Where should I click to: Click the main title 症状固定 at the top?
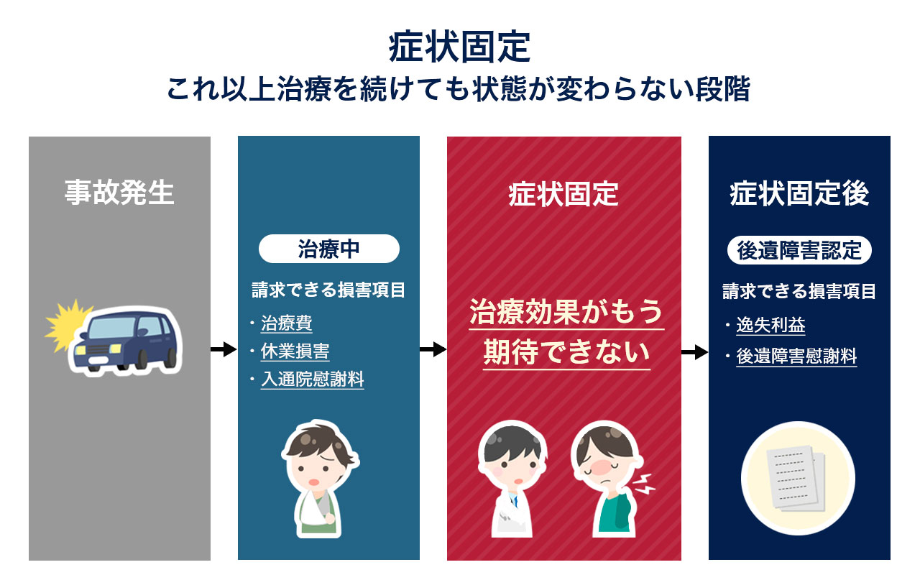tap(459, 48)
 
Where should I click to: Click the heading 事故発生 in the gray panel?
tap(119, 193)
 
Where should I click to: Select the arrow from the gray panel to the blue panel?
tap(224, 350)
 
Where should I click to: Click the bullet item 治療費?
tap(286, 323)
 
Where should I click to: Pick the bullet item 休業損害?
tap(295, 351)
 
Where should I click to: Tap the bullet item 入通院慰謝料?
tap(312, 379)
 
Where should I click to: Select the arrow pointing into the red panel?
tap(433, 350)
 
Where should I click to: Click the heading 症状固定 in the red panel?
tap(563, 195)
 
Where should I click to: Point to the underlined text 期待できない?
tap(566, 353)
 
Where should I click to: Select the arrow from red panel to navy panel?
tap(694, 352)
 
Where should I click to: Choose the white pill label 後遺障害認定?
tap(799, 251)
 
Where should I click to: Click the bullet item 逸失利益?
tap(770, 326)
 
